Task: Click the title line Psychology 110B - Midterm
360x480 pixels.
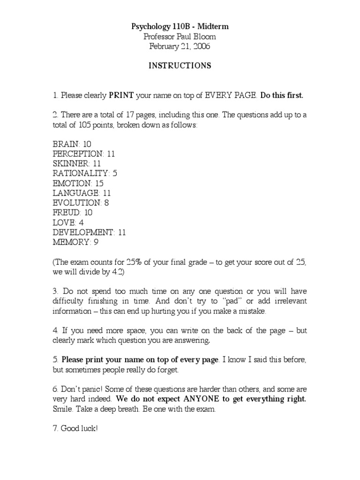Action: point(180,27)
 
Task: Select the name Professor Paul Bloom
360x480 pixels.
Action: point(180,37)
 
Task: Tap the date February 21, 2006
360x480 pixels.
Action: point(180,46)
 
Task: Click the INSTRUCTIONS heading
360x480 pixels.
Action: point(180,66)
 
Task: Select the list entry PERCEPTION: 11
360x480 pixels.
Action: point(83,154)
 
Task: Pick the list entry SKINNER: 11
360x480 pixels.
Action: point(77,164)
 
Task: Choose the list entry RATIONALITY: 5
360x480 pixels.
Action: point(85,173)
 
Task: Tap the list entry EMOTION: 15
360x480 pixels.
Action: point(78,183)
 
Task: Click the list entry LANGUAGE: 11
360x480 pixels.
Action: point(82,193)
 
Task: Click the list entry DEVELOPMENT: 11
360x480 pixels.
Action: point(89,232)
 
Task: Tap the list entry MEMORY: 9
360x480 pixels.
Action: point(75,242)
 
